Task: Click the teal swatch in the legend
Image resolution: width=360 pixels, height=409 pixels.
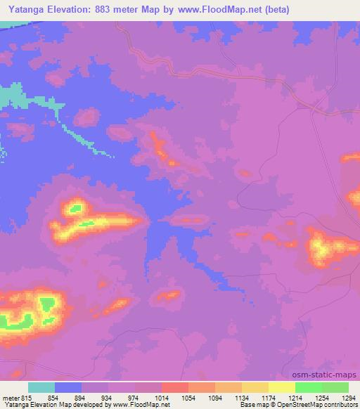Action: coord(41,388)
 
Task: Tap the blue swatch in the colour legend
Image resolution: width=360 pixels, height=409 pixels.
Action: coord(68,388)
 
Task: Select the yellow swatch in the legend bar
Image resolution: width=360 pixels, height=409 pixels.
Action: coord(281,388)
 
